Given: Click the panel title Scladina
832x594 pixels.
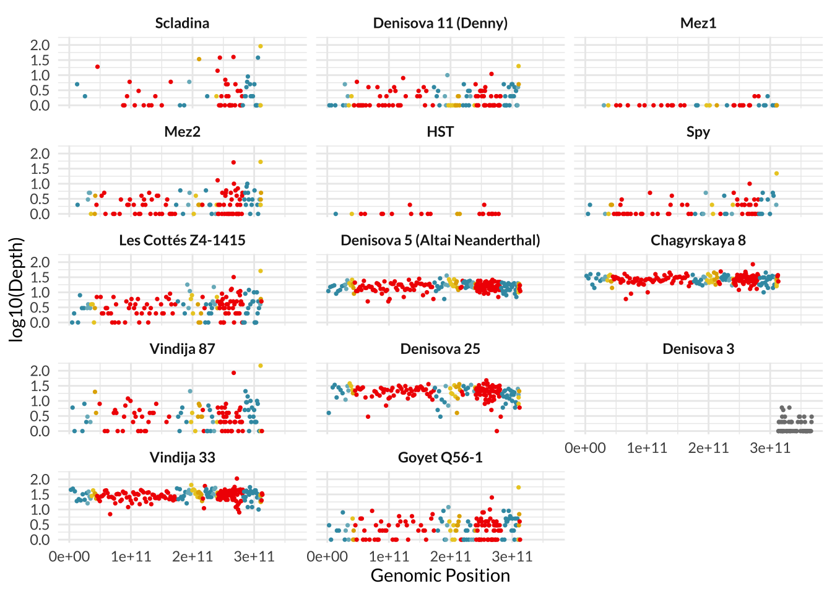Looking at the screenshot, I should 182,24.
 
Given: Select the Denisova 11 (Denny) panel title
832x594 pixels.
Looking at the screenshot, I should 440,24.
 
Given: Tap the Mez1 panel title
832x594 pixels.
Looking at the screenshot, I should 698,24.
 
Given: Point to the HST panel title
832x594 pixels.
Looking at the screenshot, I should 440,132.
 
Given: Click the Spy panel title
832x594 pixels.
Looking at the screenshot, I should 698,132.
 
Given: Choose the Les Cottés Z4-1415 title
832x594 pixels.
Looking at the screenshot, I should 182,241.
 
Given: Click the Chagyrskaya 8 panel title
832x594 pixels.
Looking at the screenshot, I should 698,241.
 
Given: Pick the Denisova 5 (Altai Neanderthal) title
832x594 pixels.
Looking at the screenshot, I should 440,241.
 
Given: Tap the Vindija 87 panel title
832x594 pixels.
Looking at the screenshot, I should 182,349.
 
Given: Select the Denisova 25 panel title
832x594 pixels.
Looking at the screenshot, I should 440,349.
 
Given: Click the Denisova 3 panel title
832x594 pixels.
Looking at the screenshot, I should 698,349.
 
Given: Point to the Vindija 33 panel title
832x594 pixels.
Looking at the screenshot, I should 182,458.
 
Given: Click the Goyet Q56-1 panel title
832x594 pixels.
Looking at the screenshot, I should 440,458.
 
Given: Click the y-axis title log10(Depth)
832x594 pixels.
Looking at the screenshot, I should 17,289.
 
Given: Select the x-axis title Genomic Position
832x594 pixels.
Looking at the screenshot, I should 440,576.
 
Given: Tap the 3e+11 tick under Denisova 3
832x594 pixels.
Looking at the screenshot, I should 769,448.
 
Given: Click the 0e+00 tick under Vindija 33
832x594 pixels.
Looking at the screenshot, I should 69,557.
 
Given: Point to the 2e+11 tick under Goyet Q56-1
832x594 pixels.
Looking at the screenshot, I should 450,557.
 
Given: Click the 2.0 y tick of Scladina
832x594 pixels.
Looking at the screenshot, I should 40,45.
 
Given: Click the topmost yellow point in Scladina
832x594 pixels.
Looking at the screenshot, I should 261,46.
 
